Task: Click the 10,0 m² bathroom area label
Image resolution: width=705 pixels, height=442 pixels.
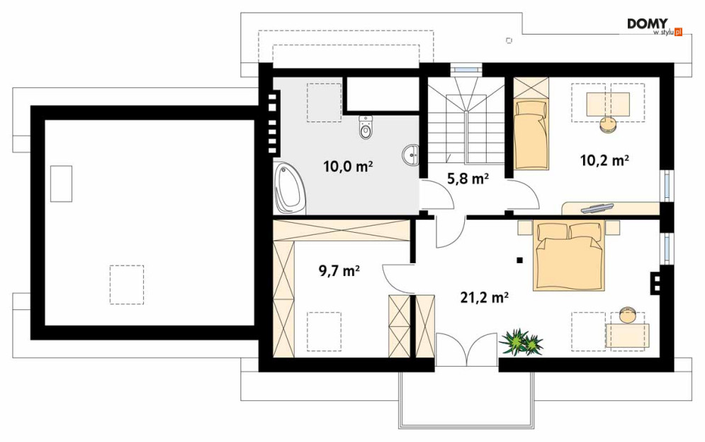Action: (x=348, y=167)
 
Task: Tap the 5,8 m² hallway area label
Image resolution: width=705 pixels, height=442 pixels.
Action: (x=468, y=179)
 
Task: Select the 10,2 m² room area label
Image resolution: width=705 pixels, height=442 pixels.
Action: (x=604, y=160)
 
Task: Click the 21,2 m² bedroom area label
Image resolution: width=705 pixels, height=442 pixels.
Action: (x=484, y=297)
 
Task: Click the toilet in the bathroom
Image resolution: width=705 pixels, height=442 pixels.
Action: (x=366, y=127)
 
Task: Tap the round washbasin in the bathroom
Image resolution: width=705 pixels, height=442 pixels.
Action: (x=410, y=155)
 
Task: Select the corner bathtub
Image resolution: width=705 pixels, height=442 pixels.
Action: (x=290, y=189)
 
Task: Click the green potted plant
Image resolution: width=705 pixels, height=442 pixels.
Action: (x=521, y=343)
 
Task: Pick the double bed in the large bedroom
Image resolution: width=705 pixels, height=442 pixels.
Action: (x=568, y=255)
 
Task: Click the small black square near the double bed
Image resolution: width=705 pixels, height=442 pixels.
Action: (x=520, y=260)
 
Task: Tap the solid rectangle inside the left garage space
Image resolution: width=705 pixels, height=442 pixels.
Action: (x=61, y=184)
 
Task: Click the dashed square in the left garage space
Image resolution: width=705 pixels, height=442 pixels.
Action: (x=127, y=284)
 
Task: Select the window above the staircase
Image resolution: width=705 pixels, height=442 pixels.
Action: (x=466, y=70)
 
